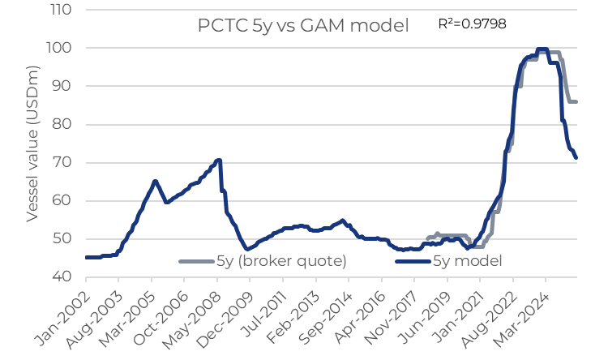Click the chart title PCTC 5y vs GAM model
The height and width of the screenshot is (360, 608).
click(x=303, y=26)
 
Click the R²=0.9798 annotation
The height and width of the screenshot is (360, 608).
click(x=472, y=24)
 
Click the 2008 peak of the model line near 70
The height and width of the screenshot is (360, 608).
click(x=218, y=160)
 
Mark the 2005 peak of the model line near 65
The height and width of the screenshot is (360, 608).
click(x=155, y=181)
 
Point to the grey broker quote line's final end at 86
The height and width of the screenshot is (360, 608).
click(x=576, y=101)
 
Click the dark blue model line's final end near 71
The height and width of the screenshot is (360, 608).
click(x=576, y=158)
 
